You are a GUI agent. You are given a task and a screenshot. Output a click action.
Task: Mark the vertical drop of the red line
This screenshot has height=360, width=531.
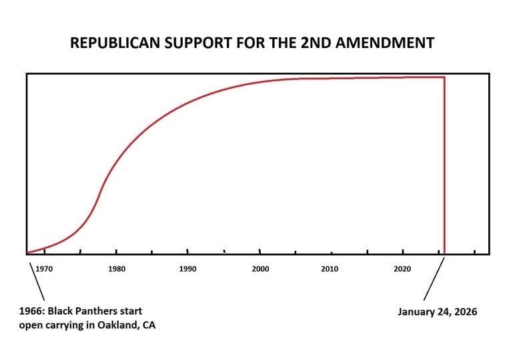pyautogui.click(x=444, y=167)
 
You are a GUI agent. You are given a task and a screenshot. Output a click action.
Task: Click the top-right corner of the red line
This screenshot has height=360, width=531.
pyautogui.click(x=444, y=77)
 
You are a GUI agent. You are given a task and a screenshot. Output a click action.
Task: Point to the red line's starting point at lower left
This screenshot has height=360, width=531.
pyautogui.click(x=28, y=253)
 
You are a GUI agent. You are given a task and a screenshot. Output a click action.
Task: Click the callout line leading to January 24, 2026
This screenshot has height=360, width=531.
pyautogui.click(x=434, y=280)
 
